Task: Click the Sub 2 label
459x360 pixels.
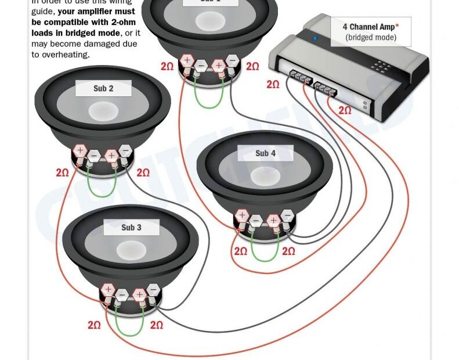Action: pyautogui.click(x=103, y=89)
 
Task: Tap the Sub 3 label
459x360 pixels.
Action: pyautogui.click(x=131, y=228)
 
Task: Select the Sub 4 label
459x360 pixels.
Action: pyautogui.click(x=265, y=153)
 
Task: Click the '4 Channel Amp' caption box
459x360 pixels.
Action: pyautogui.click(x=370, y=32)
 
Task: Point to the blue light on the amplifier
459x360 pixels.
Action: pyautogui.click(x=315, y=39)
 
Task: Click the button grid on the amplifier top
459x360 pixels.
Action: pyautogui.click(x=381, y=66)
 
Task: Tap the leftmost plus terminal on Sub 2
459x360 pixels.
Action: pyautogui.click(x=80, y=151)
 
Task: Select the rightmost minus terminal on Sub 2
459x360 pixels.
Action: pyautogui.click(x=125, y=152)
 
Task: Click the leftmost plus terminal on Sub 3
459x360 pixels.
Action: pyautogui.click(x=108, y=289)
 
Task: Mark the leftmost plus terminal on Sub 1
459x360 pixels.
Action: pyautogui.click(x=187, y=60)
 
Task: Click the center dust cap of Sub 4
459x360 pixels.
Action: pyautogui.click(x=265, y=177)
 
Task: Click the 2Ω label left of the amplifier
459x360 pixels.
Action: pyautogui.click(x=273, y=85)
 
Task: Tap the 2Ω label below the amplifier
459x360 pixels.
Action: pyautogui.click(x=345, y=110)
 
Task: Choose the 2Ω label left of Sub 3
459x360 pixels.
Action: pyautogui.click(x=94, y=325)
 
